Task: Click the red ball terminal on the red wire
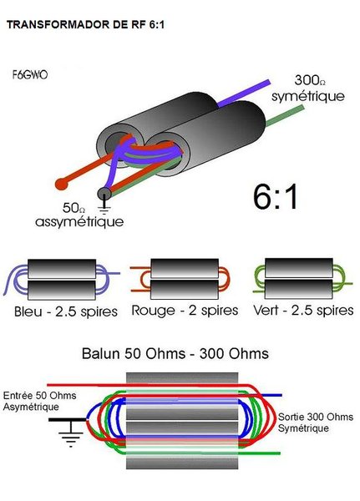pyautogui.click(x=60, y=180)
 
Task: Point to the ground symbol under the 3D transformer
pyautogui.click(x=104, y=197)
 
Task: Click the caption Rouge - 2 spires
pyautogui.click(x=179, y=311)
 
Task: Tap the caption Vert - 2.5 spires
pyautogui.click(x=302, y=311)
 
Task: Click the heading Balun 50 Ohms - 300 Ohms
pyautogui.click(x=175, y=353)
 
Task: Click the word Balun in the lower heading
pyautogui.click(x=102, y=353)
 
